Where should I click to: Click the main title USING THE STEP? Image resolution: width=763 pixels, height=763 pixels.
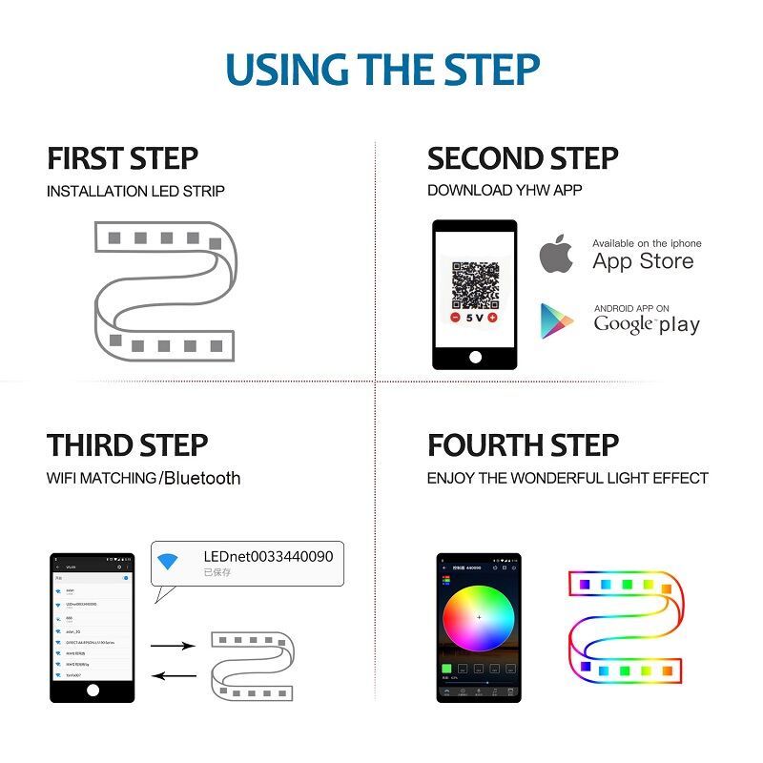pyautogui.click(x=382, y=71)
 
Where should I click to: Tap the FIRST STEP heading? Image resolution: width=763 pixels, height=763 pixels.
pyautogui.click(x=122, y=158)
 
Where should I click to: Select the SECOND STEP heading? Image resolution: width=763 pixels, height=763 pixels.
pyautogui.click(x=523, y=158)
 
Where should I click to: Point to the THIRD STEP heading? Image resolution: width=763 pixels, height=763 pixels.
pyautogui.click(x=127, y=445)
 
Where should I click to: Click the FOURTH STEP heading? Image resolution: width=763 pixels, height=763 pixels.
pyautogui.click(x=523, y=445)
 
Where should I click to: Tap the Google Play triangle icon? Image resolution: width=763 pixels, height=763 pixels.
pyautogui.click(x=557, y=321)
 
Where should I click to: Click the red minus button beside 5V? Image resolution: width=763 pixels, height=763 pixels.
pyautogui.click(x=455, y=317)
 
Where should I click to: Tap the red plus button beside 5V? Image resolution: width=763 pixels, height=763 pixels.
pyautogui.click(x=492, y=317)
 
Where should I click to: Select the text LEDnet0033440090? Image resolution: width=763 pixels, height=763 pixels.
pyautogui.click(x=268, y=556)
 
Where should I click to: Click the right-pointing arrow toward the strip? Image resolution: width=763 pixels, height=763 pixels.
pyautogui.click(x=173, y=646)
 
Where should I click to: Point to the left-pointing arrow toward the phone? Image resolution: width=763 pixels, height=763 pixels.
pyautogui.click(x=173, y=676)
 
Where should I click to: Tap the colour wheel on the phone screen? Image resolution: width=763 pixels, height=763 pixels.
pyautogui.click(x=479, y=617)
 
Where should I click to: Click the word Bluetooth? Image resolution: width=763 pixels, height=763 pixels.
pyautogui.click(x=202, y=478)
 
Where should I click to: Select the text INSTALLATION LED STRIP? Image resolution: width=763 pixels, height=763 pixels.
pyautogui.click(x=135, y=191)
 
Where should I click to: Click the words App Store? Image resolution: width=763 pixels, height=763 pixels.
pyautogui.click(x=642, y=261)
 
